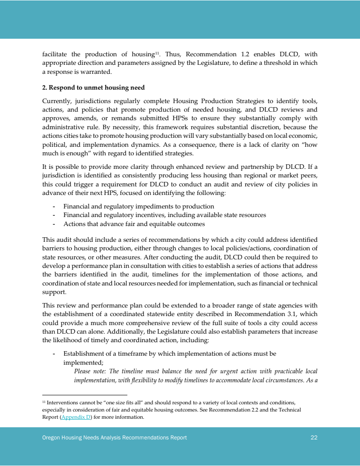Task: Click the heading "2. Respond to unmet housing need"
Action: pyautogui.click(x=93, y=87)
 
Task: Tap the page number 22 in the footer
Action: pyautogui.click(x=314, y=437)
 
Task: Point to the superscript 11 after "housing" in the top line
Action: pyautogui.click(x=157, y=53)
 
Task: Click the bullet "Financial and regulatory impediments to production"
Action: pyautogui.click(x=139, y=207)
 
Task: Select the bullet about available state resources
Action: pyautogui.click(x=164, y=215)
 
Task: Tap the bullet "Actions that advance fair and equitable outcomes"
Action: pyautogui.click(x=134, y=224)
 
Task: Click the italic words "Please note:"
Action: pyautogui.click(x=90, y=371)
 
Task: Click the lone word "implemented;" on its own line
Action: pyautogui.click(x=83, y=362)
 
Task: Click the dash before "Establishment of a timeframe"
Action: pyautogui.click(x=54, y=353)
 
